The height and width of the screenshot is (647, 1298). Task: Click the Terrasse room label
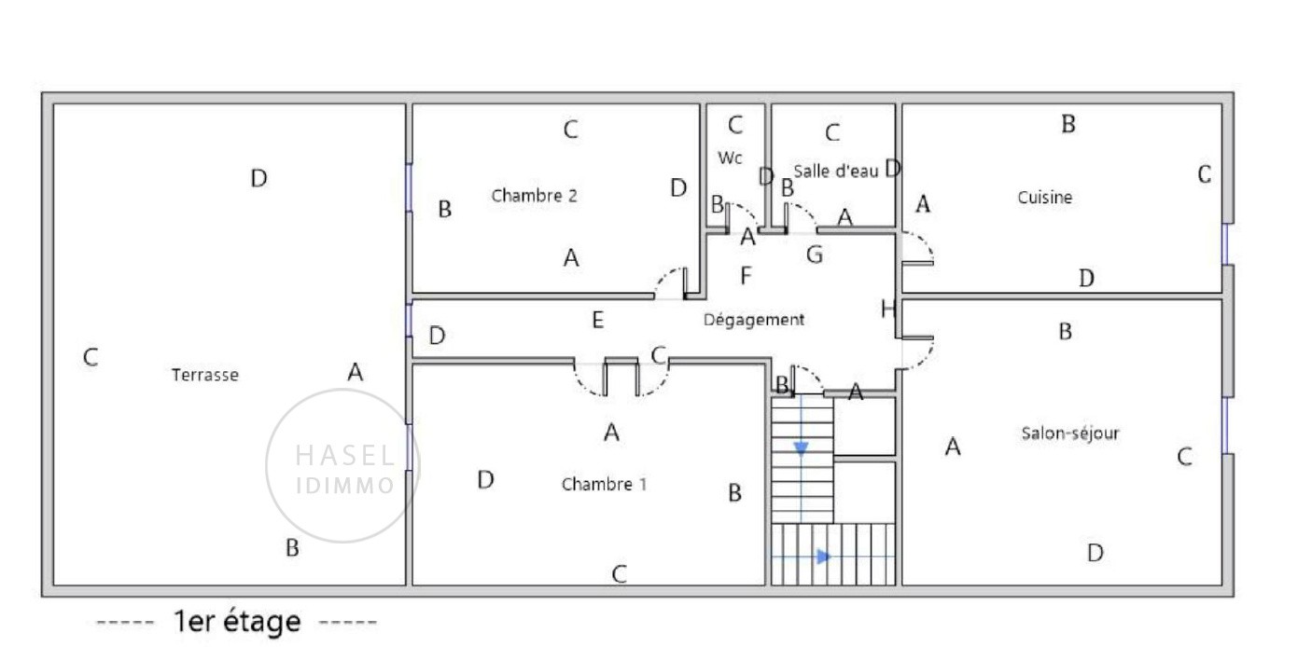pyautogui.click(x=205, y=375)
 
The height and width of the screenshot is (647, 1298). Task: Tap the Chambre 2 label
pyautogui.click(x=535, y=196)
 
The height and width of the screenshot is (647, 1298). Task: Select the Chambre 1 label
pyautogui.click(x=605, y=484)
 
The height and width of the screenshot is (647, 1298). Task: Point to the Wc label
pyautogui.click(x=730, y=158)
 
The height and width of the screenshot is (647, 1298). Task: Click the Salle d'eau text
pyautogui.click(x=836, y=171)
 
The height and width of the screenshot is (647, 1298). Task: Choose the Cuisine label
pyautogui.click(x=1045, y=198)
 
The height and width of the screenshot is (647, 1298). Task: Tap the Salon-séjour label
pyautogui.click(x=1070, y=433)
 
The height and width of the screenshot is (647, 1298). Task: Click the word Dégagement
pyautogui.click(x=754, y=320)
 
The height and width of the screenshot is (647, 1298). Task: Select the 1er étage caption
pyautogui.click(x=237, y=622)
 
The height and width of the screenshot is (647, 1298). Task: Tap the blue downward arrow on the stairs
pyautogui.click(x=801, y=447)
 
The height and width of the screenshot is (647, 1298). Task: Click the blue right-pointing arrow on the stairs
pyautogui.click(x=823, y=557)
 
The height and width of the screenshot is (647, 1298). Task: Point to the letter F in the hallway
pyautogui.click(x=746, y=275)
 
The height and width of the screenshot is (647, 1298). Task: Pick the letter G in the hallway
pyautogui.click(x=815, y=255)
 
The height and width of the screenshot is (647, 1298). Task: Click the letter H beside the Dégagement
pyautogui.click(x=887, y=309)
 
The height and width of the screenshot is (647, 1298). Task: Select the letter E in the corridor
pyautogui.click(x=598, y=320)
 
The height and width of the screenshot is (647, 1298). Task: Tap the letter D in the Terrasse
pyautogui.click(x=259, y=178)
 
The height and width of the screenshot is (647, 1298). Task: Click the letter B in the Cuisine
pyautogui.click(x=1068, y=124)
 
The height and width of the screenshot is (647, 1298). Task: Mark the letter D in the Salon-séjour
pyautogui.click(x=1096, y=553)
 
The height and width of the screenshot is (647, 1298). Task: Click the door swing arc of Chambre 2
pyautogui.click(x=665, y=277)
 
